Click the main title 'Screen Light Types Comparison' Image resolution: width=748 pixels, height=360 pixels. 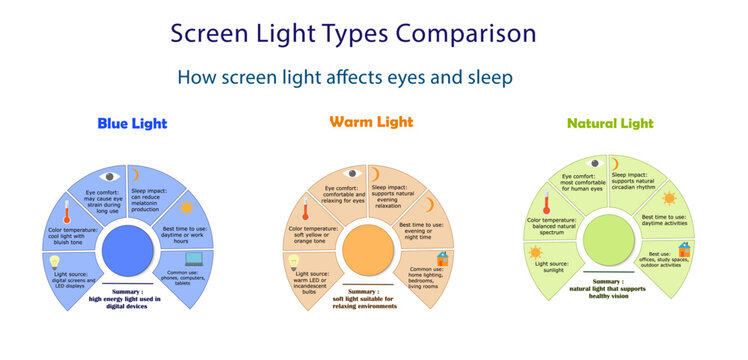click(x=353, y=33)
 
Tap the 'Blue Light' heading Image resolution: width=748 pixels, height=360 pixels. click(x=132, y=124)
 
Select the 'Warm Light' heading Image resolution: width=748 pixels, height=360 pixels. click(x=371, y=122)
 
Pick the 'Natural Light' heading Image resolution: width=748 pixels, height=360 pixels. click(x=610, y=124)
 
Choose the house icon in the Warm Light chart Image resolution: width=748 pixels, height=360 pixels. click(x=441, y=258)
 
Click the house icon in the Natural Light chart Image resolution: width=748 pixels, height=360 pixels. click(x=684, y=248)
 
